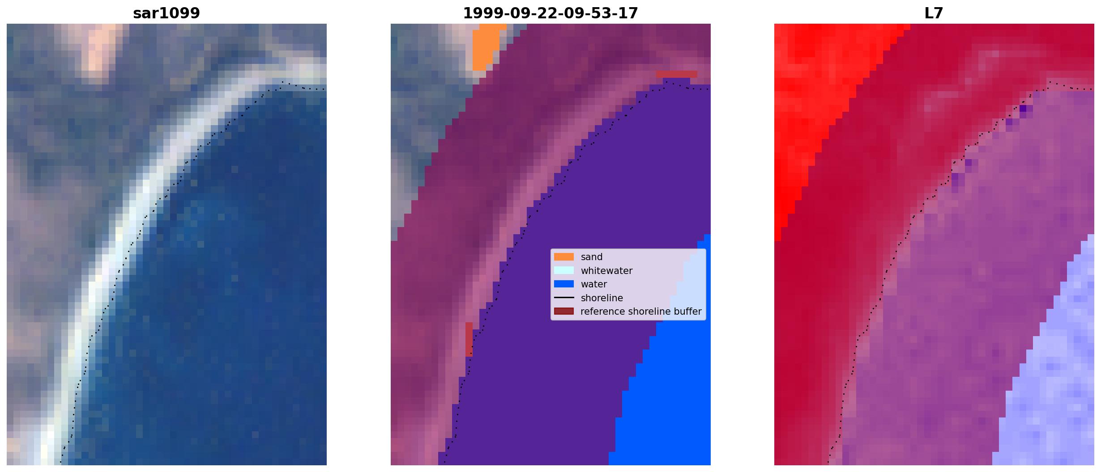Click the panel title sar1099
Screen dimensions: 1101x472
point(166,13)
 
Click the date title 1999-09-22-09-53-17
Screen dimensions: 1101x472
point(550,13)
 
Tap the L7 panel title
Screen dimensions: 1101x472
point(934,13)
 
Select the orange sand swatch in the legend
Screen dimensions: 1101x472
point(564,257)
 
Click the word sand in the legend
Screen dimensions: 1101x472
point(592,257)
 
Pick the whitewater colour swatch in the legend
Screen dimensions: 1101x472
point(564,270)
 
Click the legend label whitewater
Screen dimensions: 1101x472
point(606,271)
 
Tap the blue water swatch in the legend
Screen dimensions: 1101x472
point(564,284)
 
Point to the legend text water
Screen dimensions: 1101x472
point(594,284)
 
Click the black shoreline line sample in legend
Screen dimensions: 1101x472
point(564,298)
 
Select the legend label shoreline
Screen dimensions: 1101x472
point(602,298)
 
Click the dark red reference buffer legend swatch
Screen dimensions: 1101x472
point(564,312)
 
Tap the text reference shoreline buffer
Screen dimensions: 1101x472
point(641,312)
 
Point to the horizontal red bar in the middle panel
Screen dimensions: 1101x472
point(676,74)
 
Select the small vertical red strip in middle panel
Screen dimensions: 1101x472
point(469,339)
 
